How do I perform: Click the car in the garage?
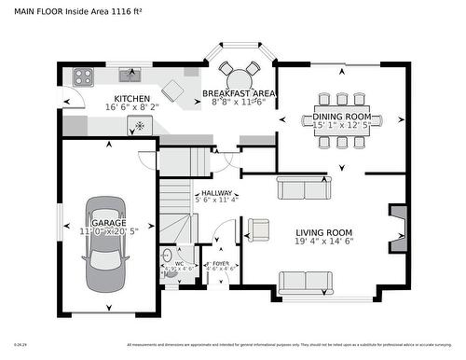pos(102,245)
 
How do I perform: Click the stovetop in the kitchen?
pos(81,76)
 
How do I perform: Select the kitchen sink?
pos(130,76)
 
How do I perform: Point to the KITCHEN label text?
pos(131,98)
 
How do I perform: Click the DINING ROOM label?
pos(341,117)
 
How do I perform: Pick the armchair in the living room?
pos(258,228)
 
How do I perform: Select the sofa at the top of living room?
pos(303,189)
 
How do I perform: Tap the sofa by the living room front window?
pos(305,282)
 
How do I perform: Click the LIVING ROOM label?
pos(323,232)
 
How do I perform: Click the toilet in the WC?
pos(168,255)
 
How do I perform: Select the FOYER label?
pos(220,264)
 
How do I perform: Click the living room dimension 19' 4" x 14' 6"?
pos(323,242)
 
